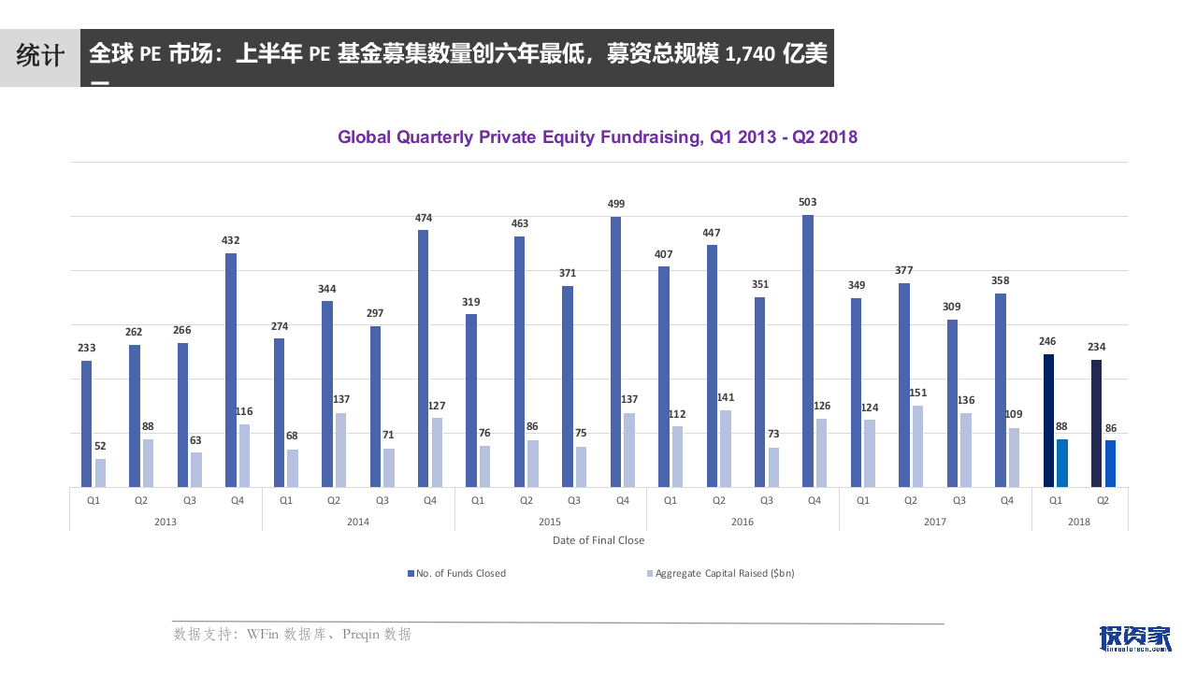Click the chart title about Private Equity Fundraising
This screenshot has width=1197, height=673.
coord(598,137)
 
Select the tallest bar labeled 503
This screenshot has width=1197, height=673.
coord(808,351)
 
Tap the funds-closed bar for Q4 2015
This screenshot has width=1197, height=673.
coord(616,351)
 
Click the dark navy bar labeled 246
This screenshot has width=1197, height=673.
coord(1048,421)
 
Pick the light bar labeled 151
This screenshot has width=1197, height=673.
coord(917,446)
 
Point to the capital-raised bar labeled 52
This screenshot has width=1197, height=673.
coord(100,472)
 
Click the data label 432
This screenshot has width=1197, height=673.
coord(230,240)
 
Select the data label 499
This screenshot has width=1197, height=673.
coord(616,204)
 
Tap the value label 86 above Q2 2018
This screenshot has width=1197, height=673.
coord(1110,429)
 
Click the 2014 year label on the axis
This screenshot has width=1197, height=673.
coord(357,522)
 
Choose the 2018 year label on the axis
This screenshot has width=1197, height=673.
coord(1079,522)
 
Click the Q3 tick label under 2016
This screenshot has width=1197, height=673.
coord(766,501)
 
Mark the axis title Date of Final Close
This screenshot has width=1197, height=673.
coord(598,540)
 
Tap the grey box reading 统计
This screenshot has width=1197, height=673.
coord(40,55)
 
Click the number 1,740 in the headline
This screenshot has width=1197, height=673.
coord(750,54)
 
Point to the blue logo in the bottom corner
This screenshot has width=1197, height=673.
coord(1134,637)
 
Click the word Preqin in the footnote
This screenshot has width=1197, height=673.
coord(362,635)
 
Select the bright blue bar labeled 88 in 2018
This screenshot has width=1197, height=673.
coord(1062,463)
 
